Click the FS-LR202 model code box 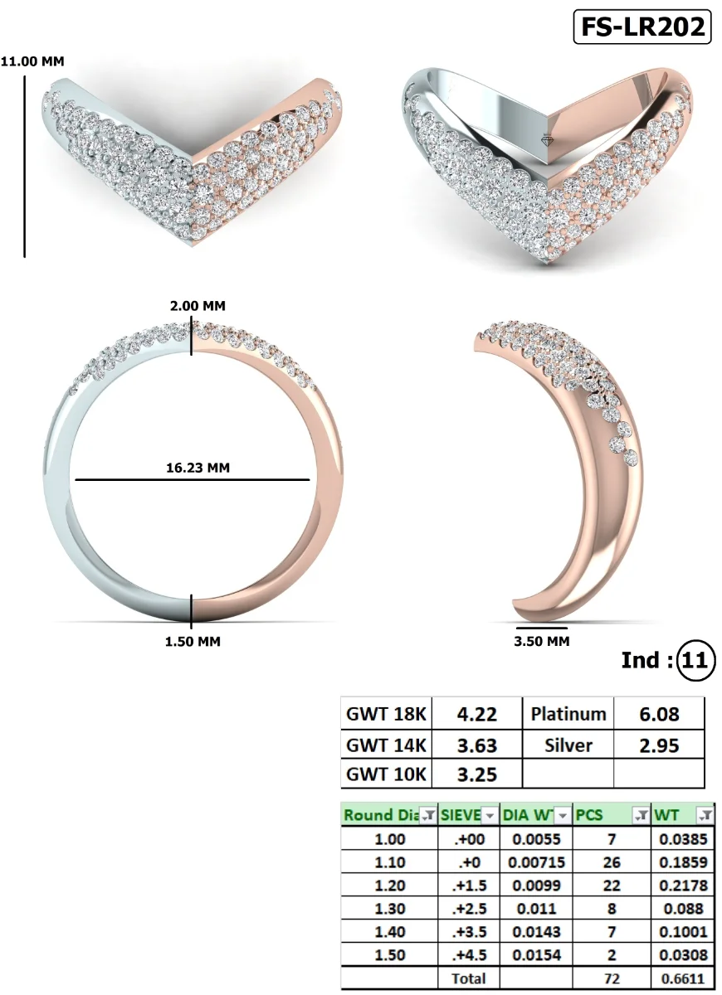click(x=642, y=27)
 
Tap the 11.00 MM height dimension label click(x=32, y=61)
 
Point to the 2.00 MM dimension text click(x=197, y=306)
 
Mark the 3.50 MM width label click(x=542, y=641)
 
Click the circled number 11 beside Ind click(x=695, y=661)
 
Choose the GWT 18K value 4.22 click(x=477, y=714)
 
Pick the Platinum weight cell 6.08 click(x=659, y=714)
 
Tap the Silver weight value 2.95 click(x=659, y=745)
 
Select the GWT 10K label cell click(x=386, y=775)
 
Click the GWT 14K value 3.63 click(x=477, y=745)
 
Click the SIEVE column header click(x=469, y=815)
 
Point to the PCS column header click(x=611, y=815)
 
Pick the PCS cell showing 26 click(x=611, y=862)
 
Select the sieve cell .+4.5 click(x=469, y=955)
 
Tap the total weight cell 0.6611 click(x=681, y=978)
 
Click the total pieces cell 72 click(x=611, y=978)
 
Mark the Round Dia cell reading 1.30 click(x=389, y=909)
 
